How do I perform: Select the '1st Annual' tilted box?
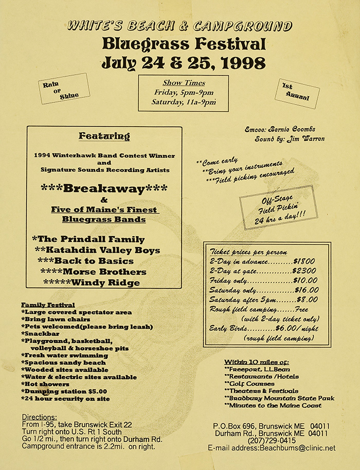pos(297,93)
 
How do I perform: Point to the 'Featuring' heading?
pos(104,136)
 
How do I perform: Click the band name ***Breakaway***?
pos(104,188)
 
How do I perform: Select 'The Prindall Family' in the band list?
pos(88,239)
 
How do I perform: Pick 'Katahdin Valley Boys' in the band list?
pos(98,250)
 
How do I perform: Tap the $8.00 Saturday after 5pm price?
pos(307,300)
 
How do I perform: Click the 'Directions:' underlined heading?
pos(40,417)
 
